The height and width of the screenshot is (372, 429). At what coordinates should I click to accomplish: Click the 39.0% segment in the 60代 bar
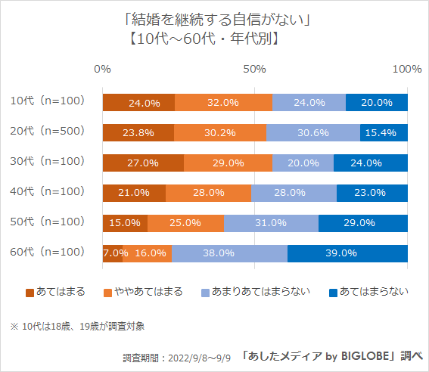pos(347,253)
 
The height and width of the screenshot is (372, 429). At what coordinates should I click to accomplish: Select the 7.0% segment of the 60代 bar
pos(112,253)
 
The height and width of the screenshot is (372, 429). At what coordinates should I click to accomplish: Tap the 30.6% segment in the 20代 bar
pos(313,132)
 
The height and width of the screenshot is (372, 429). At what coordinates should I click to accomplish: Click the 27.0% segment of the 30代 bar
pos(142,163)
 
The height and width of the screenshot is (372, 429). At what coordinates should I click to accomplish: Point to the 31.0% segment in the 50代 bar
pos(271,223)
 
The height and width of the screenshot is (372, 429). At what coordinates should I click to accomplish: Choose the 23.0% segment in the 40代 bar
pos(372,193)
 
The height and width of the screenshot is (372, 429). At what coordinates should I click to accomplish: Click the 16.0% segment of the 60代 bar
pos(148,253)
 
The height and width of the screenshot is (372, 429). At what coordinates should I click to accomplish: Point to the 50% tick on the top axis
pos(255,69)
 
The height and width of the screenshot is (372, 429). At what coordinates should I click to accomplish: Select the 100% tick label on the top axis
pos(408,69)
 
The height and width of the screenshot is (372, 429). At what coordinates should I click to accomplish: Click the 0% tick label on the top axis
pos(102,69)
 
